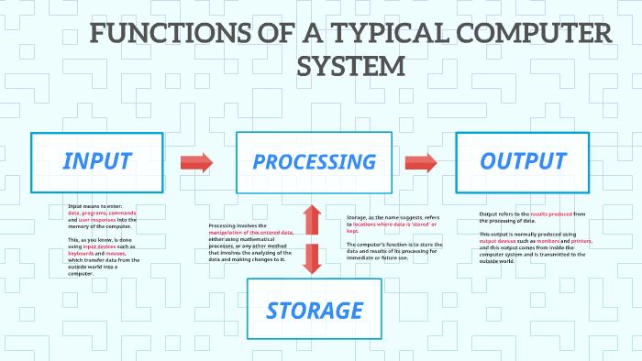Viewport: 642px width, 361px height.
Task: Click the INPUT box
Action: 96,162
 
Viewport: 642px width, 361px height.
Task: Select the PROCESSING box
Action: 314,162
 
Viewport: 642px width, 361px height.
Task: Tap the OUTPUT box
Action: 523,162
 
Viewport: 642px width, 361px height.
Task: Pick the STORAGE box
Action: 315,310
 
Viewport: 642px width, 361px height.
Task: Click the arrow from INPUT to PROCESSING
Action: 196,163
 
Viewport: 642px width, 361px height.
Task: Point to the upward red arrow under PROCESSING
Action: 312,221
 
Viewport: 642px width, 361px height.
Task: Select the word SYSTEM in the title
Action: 352,66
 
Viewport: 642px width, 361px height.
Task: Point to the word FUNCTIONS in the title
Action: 160,36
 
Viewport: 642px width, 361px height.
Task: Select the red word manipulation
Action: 233,233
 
